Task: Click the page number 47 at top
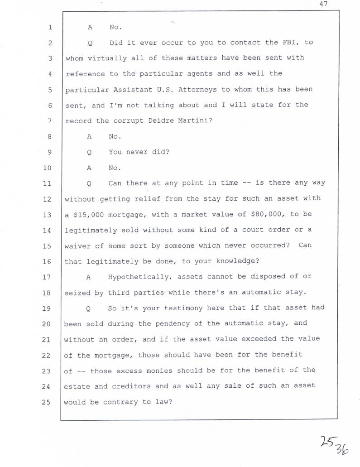click(323, 4)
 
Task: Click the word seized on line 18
click(77, 293)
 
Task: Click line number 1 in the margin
click(50, 27)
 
